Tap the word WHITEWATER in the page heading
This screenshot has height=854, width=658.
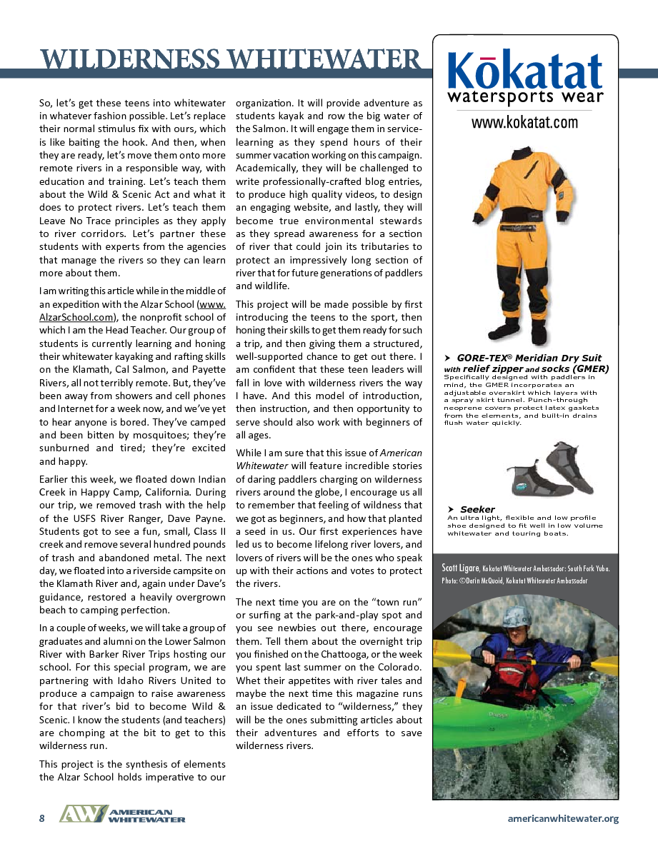(x=314, y=59)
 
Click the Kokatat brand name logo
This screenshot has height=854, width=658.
(x=524, y=71)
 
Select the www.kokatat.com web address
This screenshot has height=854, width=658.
(x=524, y=122)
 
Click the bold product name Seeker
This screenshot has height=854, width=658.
(x=477, y=509)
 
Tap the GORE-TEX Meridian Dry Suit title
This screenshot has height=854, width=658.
(x=529, y=358)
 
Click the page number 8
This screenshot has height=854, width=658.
(x=41, y=818)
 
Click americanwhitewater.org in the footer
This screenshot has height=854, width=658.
(x=562, y=818)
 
